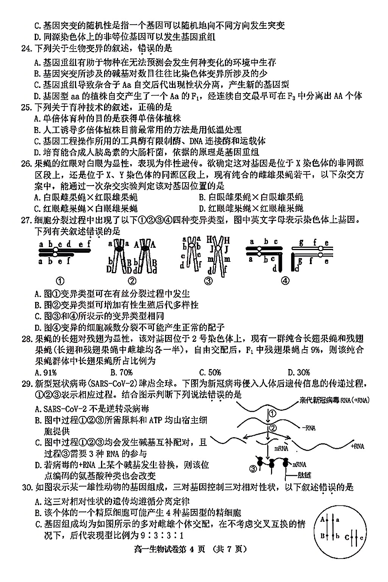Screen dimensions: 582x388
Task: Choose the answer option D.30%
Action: pos(299,372)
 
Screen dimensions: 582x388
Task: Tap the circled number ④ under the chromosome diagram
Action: pos(285,281)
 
